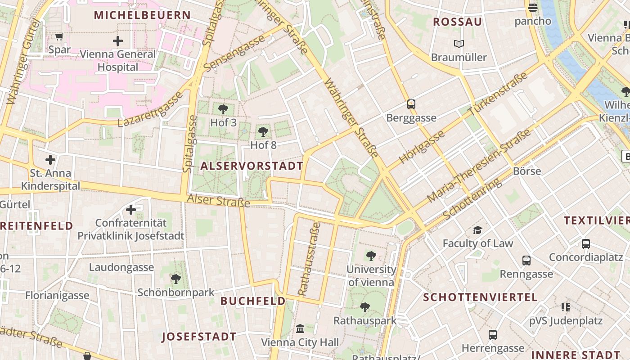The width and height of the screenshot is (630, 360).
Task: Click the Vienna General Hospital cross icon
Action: (x=117, y=41)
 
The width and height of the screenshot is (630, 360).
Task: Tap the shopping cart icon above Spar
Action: (x=59, y=36)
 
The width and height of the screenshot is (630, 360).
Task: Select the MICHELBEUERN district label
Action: (x=142, y=15)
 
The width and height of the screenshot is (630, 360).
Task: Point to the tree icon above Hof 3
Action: (x=223, y=109)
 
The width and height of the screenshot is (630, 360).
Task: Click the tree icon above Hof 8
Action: (x=263, y=132)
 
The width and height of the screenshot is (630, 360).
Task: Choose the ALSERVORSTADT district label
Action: (x=252, y=166)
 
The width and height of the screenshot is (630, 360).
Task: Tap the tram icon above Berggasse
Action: (x=411, y=104)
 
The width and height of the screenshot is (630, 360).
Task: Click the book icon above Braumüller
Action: (x=459, y=44)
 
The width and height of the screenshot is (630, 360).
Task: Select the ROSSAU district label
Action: (x=457, y=22)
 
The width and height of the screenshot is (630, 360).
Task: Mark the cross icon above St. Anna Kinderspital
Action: (x=50, y=160)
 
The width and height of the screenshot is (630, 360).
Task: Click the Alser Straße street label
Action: (x=218, y=201)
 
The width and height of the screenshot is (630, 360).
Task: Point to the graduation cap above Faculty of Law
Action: (x=477, y=230)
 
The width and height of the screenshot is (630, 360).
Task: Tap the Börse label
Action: (x=527, y=171)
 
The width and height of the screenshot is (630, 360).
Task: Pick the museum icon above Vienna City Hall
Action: (x=300, y=329)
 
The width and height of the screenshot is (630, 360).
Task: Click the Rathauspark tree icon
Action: (x=364, y=308)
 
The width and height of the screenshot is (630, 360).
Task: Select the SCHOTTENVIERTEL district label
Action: (x=480, y=297)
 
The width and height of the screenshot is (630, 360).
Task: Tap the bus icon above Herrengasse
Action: (x=493, y=335)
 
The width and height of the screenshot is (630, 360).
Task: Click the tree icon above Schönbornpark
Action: (x=176, y=279)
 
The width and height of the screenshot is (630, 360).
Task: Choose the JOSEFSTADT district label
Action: (x=199, y=337)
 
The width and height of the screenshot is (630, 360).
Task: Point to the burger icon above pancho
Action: (x=533, y=7)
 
